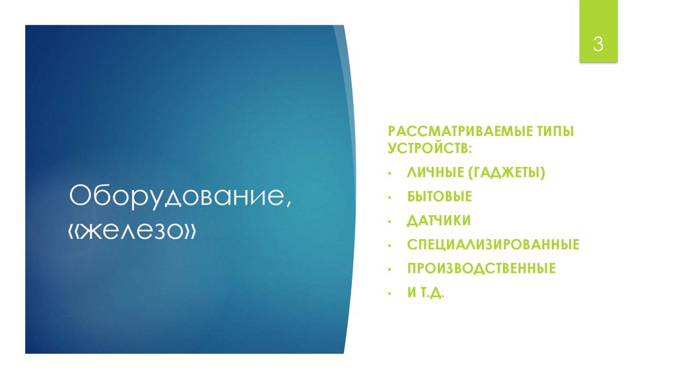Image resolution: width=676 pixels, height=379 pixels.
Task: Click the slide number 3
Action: tap(598, 45)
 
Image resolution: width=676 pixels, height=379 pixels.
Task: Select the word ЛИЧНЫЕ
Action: tap(434, 172)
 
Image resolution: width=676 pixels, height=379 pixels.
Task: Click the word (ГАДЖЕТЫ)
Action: tap(507, 172)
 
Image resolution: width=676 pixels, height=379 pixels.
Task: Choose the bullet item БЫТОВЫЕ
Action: tap(440, 197)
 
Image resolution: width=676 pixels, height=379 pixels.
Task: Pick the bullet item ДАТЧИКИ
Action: tap(439, 221)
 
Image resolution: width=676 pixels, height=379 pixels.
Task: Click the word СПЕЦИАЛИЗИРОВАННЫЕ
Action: tap(493, 245)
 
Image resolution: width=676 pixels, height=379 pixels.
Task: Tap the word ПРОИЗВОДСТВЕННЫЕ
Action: tap(481, 269)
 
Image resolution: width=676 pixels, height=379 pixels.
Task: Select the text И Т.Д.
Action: tap(426, 293)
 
